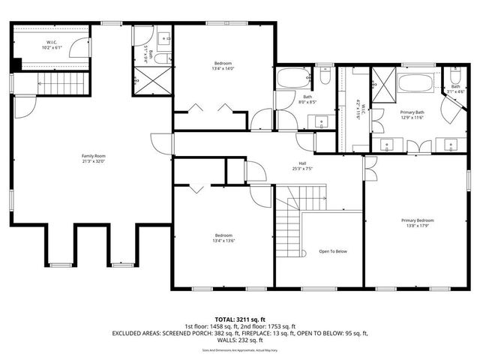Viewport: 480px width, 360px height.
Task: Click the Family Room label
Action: (93, 155)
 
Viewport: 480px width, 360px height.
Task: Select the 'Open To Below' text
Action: (333, 251)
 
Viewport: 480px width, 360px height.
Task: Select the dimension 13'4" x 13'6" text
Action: (223, 241)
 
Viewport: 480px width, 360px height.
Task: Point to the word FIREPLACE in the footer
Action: (280, 333)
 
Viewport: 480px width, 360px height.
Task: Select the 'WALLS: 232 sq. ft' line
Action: (240, 339)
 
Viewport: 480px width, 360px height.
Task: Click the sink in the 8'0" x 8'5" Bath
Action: (323, 121)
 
